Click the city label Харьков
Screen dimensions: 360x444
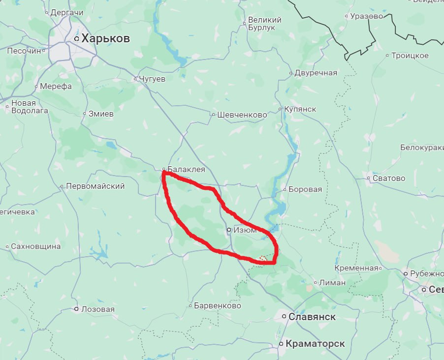pyautogui.click(x=105, y=38)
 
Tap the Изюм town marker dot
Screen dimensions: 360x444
pyautogui.click(x=229, y=230)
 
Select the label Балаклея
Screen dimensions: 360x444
pyautogui.click(x=186, y=170)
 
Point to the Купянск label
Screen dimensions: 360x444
pyautogui.click(x=300, y=109)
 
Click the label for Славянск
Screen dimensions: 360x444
pyautogui.click(x=312, y=317)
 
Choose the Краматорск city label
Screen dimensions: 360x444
pyautogui.click(x=315, y=344)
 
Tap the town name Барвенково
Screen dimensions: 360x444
pyautogui.click(x=217, y=305)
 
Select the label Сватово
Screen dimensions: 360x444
pyautogui.click(x=389, y=178)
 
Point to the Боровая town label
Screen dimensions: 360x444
pyautogui.click(x=305, y=189)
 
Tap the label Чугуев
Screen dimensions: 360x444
pyautogui.click(x=152, y=79)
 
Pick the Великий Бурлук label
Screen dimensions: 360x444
pyautogui.click(x=265, y=24)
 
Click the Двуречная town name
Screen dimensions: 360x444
pyautogui.click(x=316, y=73)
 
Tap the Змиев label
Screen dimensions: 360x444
pyautogui.click(x=101, y=114)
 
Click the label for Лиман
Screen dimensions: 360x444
pyautogui.click(x=332, y=283)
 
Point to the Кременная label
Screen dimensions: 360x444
pyautogui.click(x=356, y=268)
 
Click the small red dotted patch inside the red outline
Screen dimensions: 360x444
pyautogui.click(x=263, y=258)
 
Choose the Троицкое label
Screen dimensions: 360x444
pyautogui.click(x=410, y=56)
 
